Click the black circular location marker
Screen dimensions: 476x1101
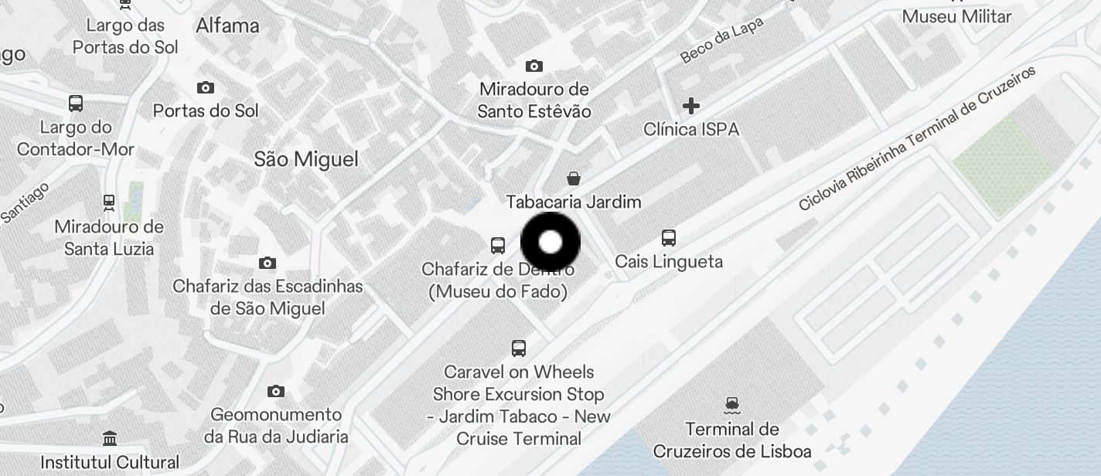point(550,243)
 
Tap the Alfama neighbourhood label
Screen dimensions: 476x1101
point(227,25)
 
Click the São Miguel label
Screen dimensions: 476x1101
point(306,159)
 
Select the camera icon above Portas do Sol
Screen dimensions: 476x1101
point(206,87)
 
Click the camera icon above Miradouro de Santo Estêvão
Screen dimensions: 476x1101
point(533,66)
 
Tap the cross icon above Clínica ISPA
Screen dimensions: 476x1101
point(691,105)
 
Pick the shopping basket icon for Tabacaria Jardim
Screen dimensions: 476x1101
point(574,179)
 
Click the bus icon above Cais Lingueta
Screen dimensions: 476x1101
point(669,238)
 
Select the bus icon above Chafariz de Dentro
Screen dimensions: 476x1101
point(498,246)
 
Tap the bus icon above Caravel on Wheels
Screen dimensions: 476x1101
point(519,348)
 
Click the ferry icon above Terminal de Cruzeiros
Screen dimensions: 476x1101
point(732,404)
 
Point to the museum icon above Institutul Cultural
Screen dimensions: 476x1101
point(110,439)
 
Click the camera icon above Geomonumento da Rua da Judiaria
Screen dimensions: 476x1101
point(276,391)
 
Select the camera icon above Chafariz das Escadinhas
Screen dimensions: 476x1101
point(268,263)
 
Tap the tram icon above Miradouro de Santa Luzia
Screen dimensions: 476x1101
point(109,203)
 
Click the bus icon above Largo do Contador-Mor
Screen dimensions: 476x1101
point(76,104)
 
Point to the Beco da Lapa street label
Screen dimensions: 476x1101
point(721,40)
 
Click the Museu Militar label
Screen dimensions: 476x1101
point(956,16)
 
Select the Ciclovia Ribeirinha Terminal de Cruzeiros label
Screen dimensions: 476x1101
point(917,139)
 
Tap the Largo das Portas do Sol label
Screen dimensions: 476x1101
point(125,36)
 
